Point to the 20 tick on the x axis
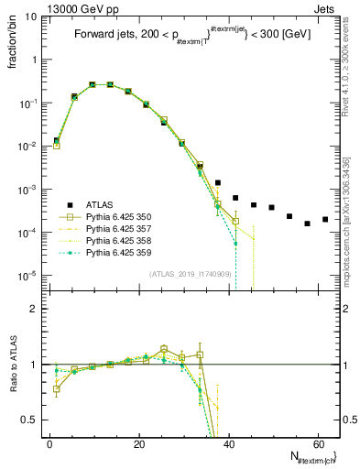pos(138,443)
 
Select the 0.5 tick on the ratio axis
pos(32,420)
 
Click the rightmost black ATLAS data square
pos(325,220)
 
